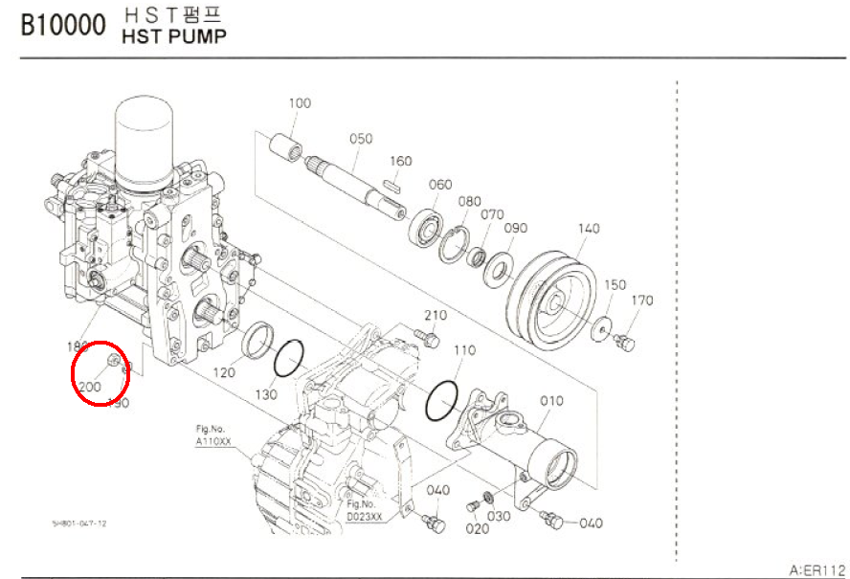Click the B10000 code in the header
tap(63, 26)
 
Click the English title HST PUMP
tap(174, 37)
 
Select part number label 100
tap(301, 102)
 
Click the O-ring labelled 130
tap(290, 360)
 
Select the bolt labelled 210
tap(427, 338)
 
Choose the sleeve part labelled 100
tap(285, 148)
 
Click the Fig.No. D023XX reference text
tap(365, 511)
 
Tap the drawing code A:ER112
tap(817, 569)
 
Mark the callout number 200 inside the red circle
tap(90, 386)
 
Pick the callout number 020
tap(471, 528)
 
